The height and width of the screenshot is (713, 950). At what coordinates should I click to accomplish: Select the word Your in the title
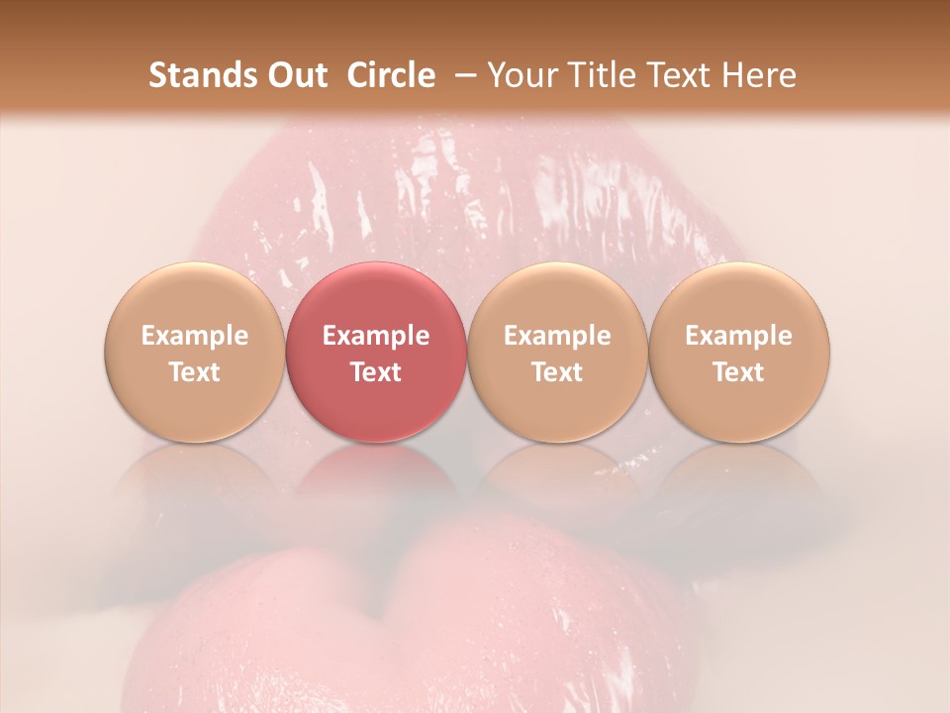coord(521,75)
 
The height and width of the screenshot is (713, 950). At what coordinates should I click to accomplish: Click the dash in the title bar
coord(462,76)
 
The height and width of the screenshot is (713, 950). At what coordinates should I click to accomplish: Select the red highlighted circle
coord(376,353)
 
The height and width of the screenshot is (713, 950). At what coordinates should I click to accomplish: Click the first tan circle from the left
coord(194,353)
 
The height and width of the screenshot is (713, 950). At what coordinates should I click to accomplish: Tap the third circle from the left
coord(557,353)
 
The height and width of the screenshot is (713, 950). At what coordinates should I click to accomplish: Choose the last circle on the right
coord(739,353)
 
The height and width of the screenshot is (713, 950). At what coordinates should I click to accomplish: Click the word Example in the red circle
coord(376,336)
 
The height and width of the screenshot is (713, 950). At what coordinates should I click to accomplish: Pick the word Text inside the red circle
coord(376,372)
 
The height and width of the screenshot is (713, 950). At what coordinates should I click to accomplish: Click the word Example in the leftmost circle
coord(194,336)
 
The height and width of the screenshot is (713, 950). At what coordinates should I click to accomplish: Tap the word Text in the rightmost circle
coord(739,372)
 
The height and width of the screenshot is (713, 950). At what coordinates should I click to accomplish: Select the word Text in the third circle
coord(557,372)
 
